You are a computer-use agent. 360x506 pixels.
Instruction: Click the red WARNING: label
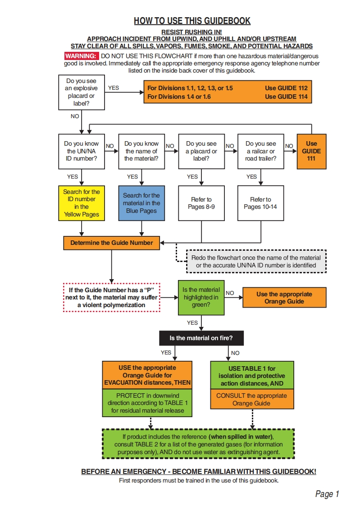tap(81, 56)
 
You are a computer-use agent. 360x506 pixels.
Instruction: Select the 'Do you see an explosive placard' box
tap(82, 92)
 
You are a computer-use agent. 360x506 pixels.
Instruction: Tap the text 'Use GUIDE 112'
tap(286, 88)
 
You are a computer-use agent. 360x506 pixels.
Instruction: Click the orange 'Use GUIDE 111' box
tap(311, 151)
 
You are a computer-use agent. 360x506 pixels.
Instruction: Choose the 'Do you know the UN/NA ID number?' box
tap(82, 151)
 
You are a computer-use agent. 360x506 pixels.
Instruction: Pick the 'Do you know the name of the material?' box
tap(141, 151)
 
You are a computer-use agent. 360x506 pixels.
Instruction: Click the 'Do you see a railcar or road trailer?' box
tap(261, 151)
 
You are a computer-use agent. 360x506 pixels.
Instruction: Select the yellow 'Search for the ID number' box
tap(82, 202)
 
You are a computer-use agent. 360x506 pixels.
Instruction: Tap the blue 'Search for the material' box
tap(141, 202)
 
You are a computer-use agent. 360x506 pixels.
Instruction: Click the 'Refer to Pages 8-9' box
tap(201, 202)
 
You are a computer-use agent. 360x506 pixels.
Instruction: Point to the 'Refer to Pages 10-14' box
tap(261, 202)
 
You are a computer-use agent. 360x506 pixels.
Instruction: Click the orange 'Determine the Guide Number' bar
tap(111, 243)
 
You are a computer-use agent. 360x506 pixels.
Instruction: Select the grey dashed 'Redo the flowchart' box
tap(256, 262)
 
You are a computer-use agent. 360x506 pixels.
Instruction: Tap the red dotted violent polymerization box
tap(112, 297)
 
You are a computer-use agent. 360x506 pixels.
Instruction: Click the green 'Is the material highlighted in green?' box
tap(201, 297)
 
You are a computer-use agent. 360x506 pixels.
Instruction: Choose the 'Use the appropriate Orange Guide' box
tap(284, 298)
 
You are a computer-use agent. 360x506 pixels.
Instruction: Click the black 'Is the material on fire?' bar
tap(201, 338)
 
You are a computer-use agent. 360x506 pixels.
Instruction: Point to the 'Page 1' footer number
tap(327, 494)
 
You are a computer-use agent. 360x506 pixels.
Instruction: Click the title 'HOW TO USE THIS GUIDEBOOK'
tap(192, 21)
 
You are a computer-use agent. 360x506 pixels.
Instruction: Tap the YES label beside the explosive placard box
tap(114, 88)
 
